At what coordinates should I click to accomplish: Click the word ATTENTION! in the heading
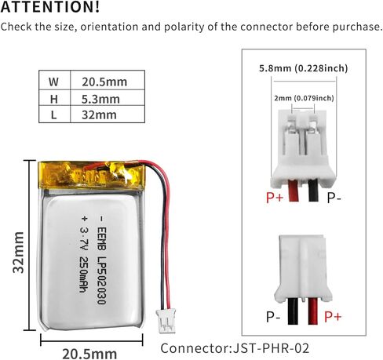(x=50, y=7)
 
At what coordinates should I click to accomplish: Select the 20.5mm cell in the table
(x=104, y=82)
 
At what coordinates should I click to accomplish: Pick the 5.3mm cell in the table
(x=100, y=99)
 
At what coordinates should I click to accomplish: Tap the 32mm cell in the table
(x=99, y=115)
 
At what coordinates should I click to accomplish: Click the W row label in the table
(x=53, y=82)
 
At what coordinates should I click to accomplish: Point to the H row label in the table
(x=53, y=99)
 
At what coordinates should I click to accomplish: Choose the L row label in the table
(x=53, y=115)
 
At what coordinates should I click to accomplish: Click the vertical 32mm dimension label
(x=19, y=253)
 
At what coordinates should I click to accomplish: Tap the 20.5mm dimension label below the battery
(x=89, y=354)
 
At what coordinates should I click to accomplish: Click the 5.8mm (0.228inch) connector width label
(x=304, y=68)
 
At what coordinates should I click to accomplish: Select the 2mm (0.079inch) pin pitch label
(x=304, y=98)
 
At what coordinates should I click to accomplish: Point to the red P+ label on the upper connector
(x=275, y=198)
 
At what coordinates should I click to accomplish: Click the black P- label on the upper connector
(x=334, y=198)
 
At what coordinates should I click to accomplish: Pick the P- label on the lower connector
(x=273, y=317)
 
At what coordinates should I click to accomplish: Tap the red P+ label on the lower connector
(x=333, y=317)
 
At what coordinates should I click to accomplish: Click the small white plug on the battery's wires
(x=166, y=321)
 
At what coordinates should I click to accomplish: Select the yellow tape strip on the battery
(x=91, y=175)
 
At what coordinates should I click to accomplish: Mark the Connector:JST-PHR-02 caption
(x=235, y=348)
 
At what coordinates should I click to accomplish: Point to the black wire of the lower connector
(x=293, y=311)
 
